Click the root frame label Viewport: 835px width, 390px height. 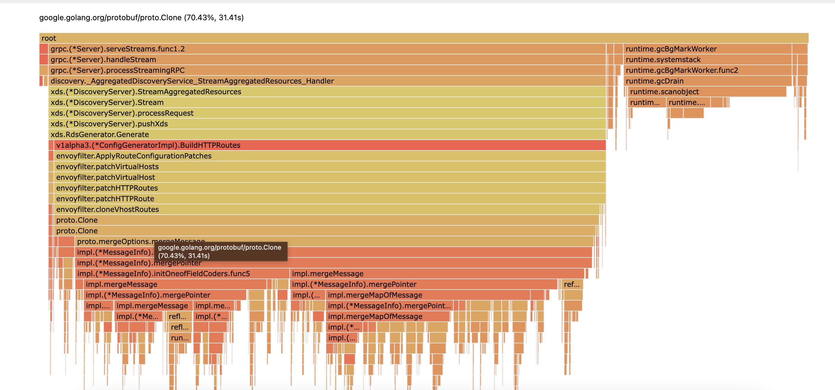click(49, 38)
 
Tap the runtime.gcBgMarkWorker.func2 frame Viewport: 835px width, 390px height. click(707, 70)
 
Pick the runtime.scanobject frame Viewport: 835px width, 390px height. click(707, 92)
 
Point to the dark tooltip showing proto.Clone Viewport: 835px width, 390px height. click(220, 251)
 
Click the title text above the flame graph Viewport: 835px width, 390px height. click(141, 18)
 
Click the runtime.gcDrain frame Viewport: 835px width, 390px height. click(707, 81)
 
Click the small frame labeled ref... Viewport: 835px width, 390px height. click(572, 284)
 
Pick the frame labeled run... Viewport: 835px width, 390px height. click(180, 338)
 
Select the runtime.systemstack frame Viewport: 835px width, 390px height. click(707, 59)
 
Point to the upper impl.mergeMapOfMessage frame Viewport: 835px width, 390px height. click(428, 295)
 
